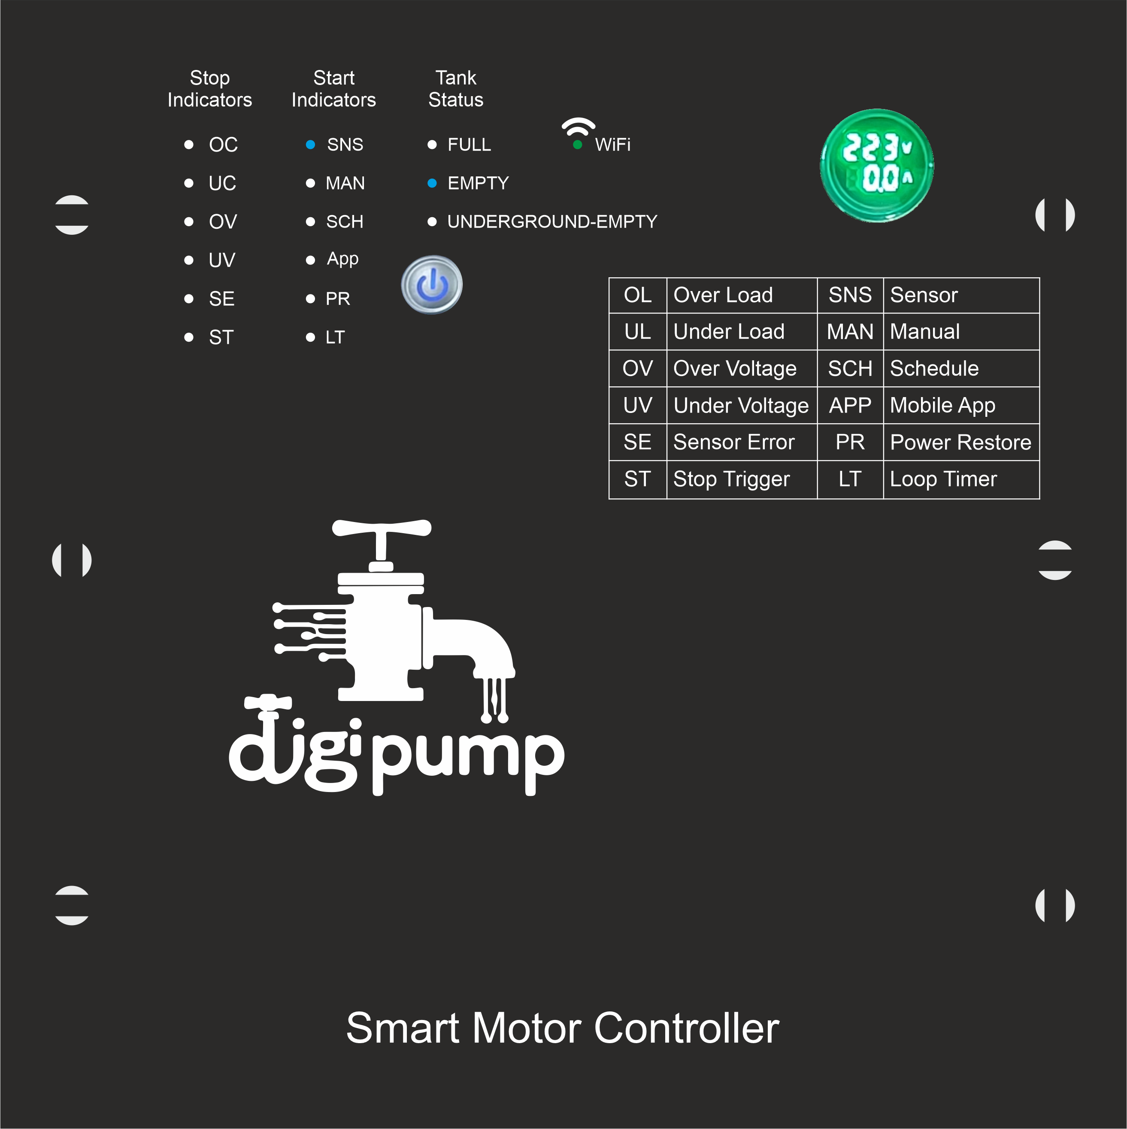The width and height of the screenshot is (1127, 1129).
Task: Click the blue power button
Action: [432, 285]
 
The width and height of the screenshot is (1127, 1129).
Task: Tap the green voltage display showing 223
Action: [876, 165]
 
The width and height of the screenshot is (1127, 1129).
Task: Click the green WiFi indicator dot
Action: [577, 145]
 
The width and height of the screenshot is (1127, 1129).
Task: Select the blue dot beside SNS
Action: [310, 144]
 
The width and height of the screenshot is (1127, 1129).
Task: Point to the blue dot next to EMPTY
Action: [432, 183]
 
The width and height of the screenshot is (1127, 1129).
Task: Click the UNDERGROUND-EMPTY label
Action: [552, 222]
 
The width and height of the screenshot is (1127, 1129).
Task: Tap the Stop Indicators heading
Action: [210, 89]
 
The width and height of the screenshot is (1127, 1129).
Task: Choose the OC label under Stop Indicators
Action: [223, 144]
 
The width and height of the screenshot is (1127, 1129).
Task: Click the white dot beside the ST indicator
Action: [189, 337]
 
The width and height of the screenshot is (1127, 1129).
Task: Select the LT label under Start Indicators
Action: [335, 337]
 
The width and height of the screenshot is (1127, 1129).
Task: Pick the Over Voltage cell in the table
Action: [735, 369]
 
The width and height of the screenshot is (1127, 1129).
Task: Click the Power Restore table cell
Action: [960, 442]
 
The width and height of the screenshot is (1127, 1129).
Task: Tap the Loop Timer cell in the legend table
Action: [943, 479]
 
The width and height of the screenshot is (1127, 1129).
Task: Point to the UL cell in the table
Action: [637, 332]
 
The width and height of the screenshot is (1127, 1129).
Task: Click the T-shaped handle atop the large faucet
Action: [382, 529]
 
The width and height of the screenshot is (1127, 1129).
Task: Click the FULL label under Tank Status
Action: [469, 144]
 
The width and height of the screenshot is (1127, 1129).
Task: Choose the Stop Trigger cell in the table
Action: [731, 479]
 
